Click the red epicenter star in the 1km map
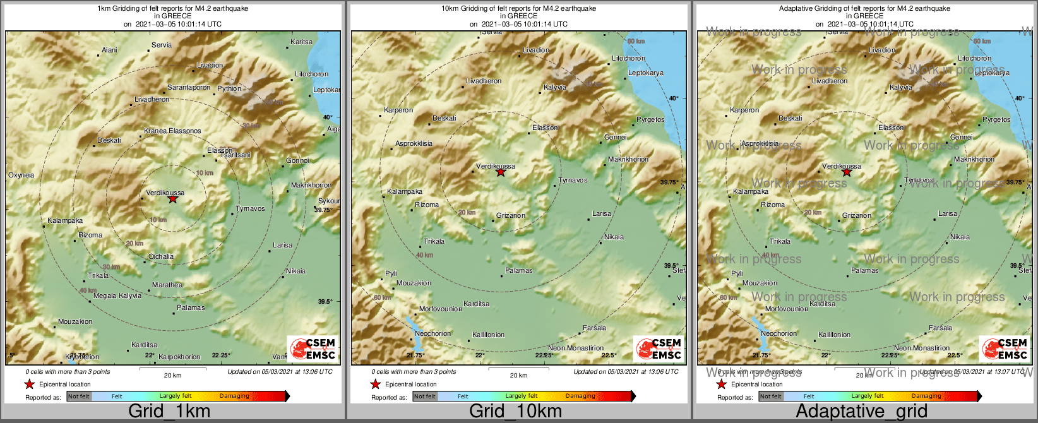(x=173, y=199)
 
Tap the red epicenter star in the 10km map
(x=501, y=172)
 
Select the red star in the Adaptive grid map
(x=847, y=172)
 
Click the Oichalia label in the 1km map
(x=161, y=257)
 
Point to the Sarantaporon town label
(x=189, y=88)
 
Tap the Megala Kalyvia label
(x=117, y=296)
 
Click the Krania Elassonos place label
(x=172, y=131)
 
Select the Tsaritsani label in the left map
(x=236, y=155)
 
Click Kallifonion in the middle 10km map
(x=488, y=335)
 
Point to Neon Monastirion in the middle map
(x=576, y=349)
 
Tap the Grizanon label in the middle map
(x=511, y=216)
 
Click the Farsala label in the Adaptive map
(x=940, y=328)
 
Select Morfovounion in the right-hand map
(x=787, y=309)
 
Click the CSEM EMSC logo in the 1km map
(x=313, y=349)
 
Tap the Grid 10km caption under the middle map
(x=515, y=412)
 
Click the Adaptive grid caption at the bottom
(x=861, y=412)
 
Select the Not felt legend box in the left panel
(x=79, y=396)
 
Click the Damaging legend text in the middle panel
(x=580, y=396)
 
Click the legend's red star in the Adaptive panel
(x=721, y=384)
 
